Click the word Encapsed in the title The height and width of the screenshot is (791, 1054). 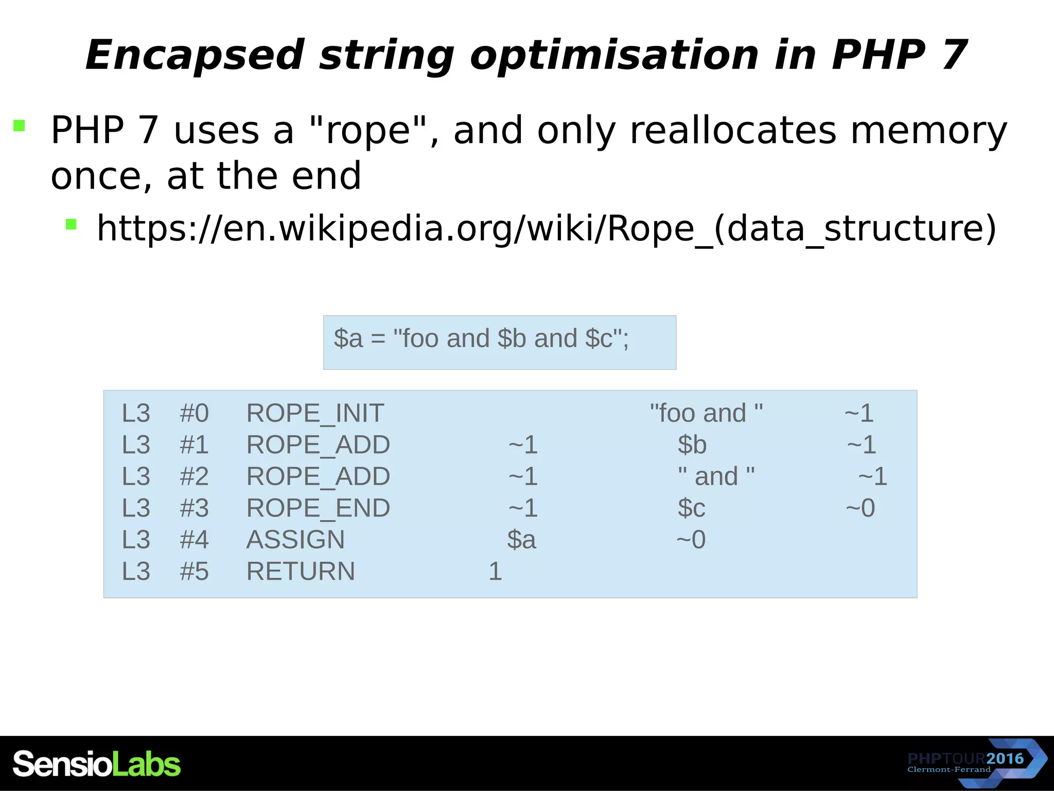click(195, 56)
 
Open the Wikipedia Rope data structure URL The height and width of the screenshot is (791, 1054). click(546, 228)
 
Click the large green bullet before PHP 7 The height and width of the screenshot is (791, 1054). click(20, 126)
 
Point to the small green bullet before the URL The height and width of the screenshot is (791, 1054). click(71, 224)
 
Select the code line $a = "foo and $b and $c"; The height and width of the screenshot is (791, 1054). click(481, 339)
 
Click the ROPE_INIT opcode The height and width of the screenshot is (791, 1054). click(315, 413)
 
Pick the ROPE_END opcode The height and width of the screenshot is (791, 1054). click(318, 508)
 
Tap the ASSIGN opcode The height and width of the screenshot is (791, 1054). click(295, 540)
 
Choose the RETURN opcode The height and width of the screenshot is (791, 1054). click(301, 572)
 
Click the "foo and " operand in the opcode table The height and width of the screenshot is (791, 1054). click(706, 413)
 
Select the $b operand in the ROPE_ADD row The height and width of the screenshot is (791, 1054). click(692, 445)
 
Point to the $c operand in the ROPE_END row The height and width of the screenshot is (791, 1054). click(691, 508)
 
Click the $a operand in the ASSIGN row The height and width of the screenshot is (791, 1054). click(521, 540)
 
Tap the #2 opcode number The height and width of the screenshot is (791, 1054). click(194, 476)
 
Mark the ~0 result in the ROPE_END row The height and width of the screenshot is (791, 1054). click(860, 508)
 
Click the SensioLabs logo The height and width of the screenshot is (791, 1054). click(97, 764)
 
